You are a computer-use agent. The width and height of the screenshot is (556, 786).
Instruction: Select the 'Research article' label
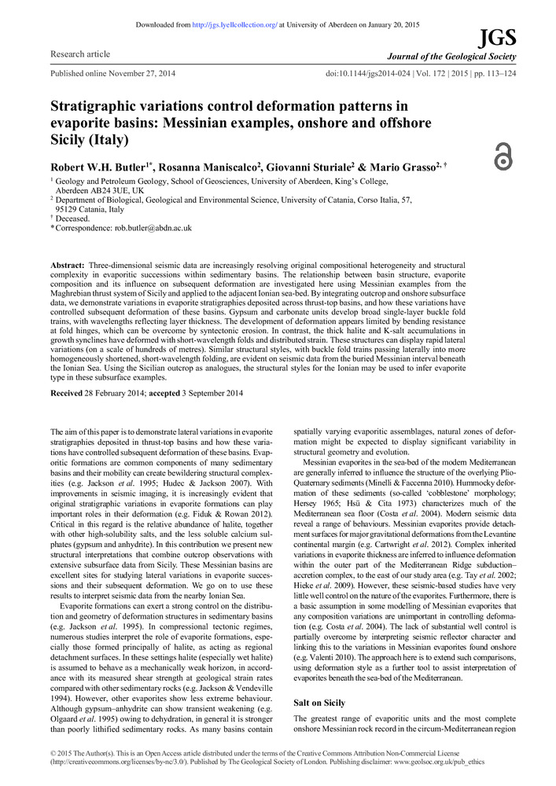(80, 54)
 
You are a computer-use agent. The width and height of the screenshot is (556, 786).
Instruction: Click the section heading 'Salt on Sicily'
(319, 703)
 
